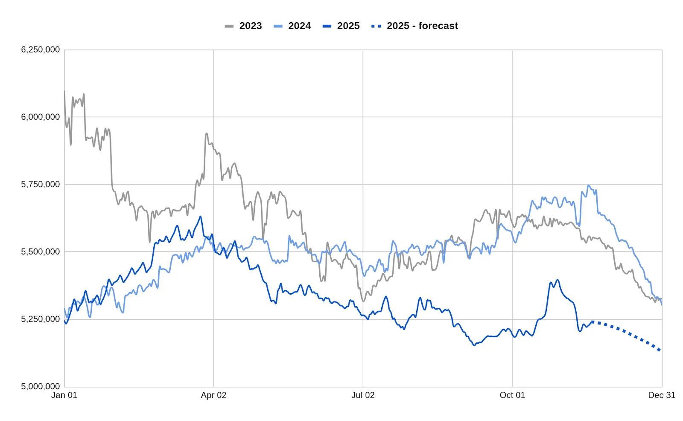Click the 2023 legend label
coord(250,26)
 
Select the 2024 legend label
coord(299,26)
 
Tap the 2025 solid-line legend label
coord(348,26)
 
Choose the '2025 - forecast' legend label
coord(422,26)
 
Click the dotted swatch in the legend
coord(376,26)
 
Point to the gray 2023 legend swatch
coord(229,26)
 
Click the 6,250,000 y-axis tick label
coord(41,50)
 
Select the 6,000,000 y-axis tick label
coord(41,117)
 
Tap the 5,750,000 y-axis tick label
coord(41,184)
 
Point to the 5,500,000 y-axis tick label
coord(41,252)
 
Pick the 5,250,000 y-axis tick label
coord(41,319)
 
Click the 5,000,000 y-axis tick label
coord(41,386)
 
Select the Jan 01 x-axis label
coord(64,395)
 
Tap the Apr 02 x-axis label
coord(213,395)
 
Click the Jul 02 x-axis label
coord(363,395)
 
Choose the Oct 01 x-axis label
coord(512,395)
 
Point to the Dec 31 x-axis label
coord(662,395)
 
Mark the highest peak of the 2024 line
coord(589,185)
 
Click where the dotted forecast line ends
coord(660,351)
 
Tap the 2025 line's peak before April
coord(200,216)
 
